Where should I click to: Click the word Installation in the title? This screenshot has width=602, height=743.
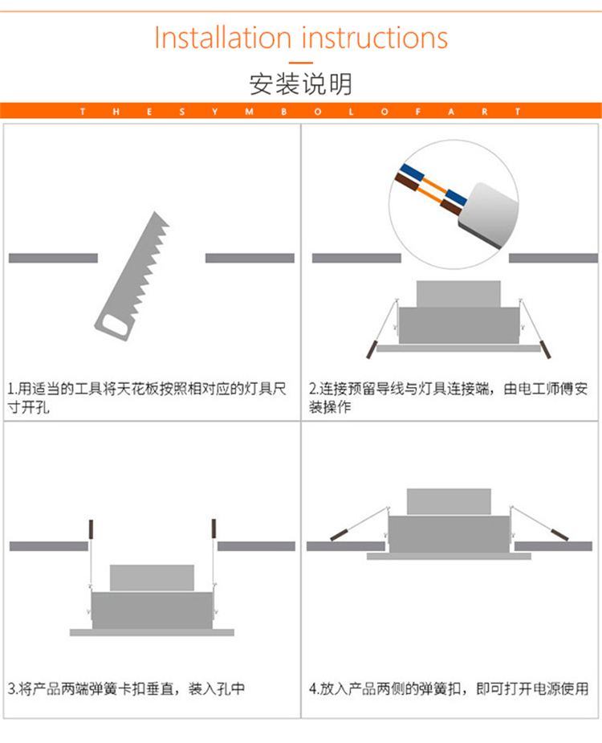(x=222, y=38)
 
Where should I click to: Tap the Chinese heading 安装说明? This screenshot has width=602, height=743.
(x=301, y=84)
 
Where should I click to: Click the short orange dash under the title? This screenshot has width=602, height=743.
(x=301, y=63)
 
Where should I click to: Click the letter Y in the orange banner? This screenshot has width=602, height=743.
(x=215, y=112)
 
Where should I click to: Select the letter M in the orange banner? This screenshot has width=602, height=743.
(x=249, y=112)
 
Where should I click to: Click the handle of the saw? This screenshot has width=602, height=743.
(x=114, y=325)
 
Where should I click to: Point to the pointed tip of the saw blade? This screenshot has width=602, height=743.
(x=154, y=212)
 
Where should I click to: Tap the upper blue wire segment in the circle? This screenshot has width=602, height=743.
(x=412, y=173)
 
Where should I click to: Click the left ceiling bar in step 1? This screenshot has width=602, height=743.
(x=53, y=258)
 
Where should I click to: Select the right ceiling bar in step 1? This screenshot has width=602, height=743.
(x=250, y=258)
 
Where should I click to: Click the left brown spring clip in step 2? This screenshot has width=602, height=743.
(x=372, y=349)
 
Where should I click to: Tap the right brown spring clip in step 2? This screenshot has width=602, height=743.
(x=545, y=349)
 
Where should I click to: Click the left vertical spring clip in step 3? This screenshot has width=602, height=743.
(x=91, y=529)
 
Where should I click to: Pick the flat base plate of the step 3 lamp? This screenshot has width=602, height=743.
(x=152, y=632)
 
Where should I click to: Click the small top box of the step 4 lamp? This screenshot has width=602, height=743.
(x=449, y=501)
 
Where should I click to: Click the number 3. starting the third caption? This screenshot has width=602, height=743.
(x=13, y=688)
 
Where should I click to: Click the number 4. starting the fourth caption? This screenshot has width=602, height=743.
(x=314, y=688)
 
